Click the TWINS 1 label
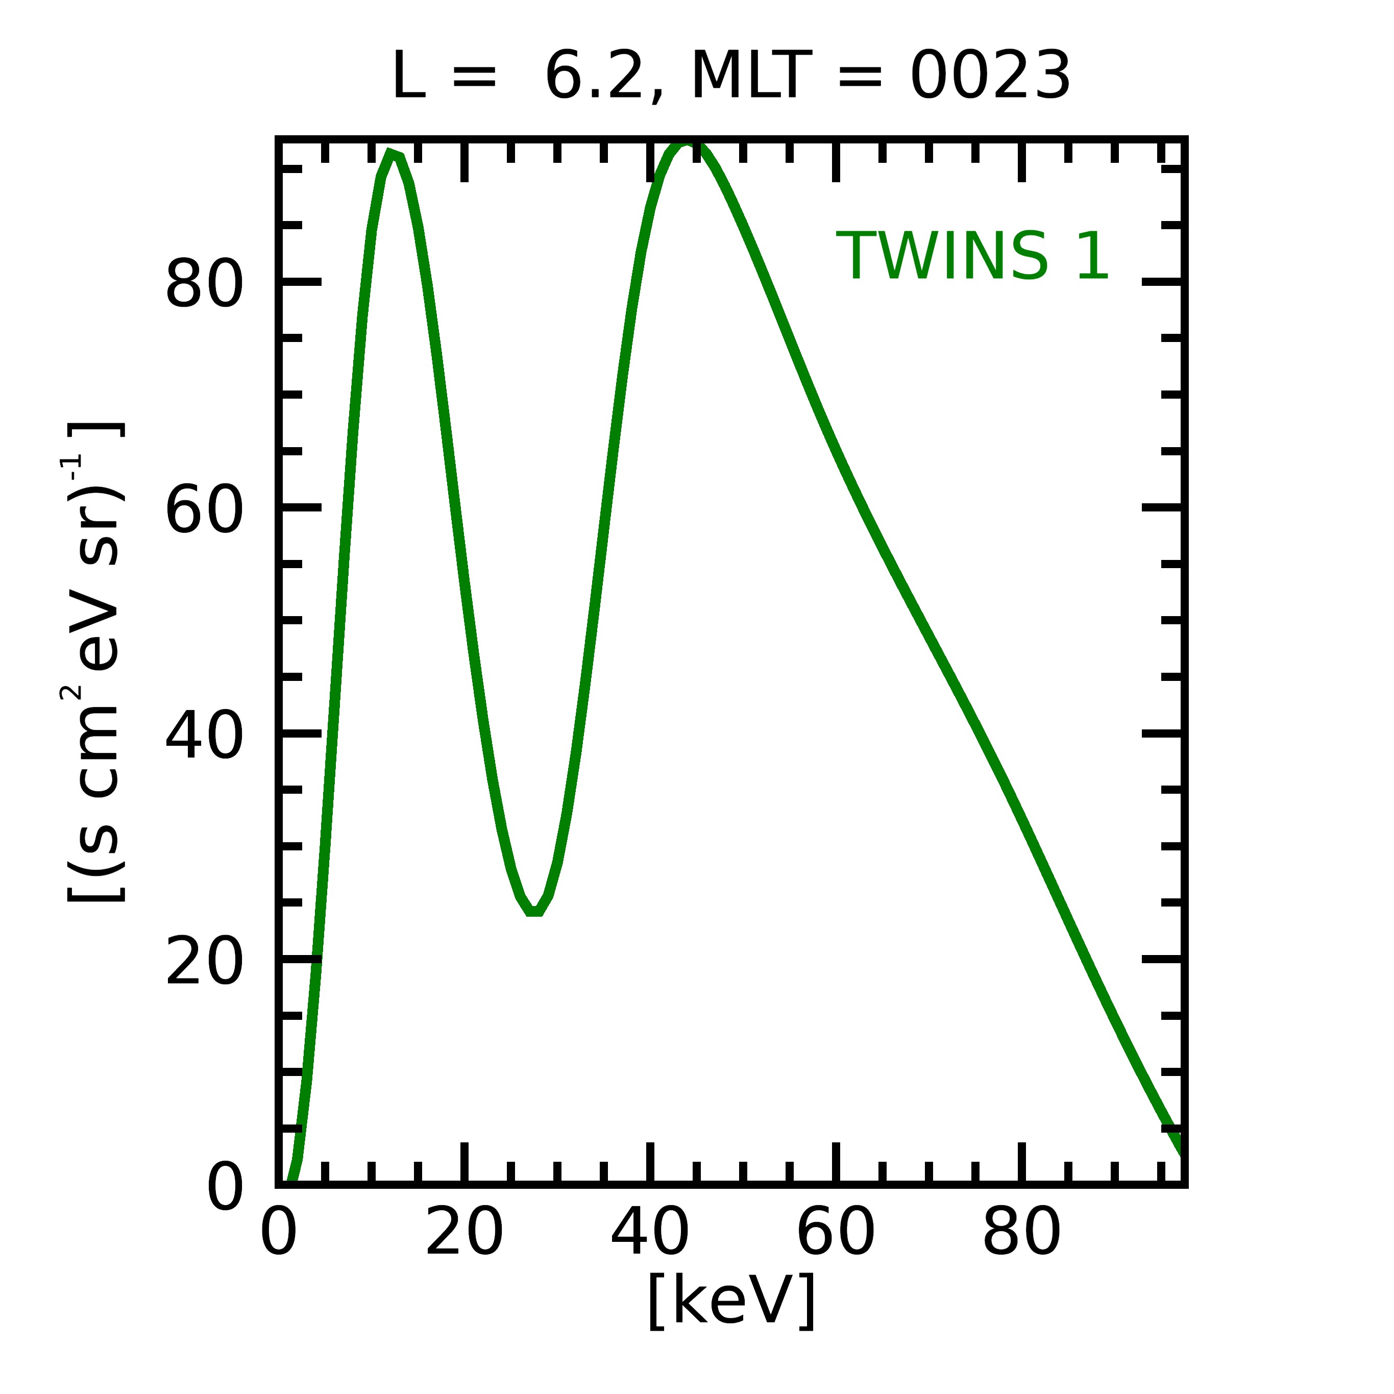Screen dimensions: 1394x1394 [972, 256]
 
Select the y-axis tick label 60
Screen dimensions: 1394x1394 [204, 509]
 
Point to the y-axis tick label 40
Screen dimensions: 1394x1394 [204, 735]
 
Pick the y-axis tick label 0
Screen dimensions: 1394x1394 [225, 1186]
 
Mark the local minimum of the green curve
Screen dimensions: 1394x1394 [534, 911]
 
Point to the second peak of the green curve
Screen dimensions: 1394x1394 [686, 144]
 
